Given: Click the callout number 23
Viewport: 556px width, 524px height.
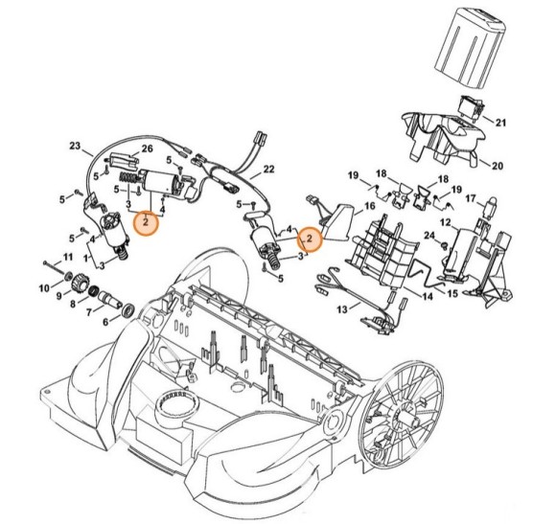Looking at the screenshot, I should [x=76, y=148].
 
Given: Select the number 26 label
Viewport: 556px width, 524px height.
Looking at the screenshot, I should [x=147, y=148].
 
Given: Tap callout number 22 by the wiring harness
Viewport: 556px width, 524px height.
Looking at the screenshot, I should [x=269, y=170].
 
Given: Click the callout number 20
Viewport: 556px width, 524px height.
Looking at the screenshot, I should [x=498, y=166].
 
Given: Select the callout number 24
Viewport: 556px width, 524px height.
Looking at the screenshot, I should [x=430, y=236].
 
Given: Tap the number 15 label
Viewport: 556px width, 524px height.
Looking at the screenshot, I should [x=453, y=292].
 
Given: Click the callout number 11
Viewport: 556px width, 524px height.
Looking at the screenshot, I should [x=67, y=257].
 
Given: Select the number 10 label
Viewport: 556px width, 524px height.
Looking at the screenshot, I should [x=44, y=287].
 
